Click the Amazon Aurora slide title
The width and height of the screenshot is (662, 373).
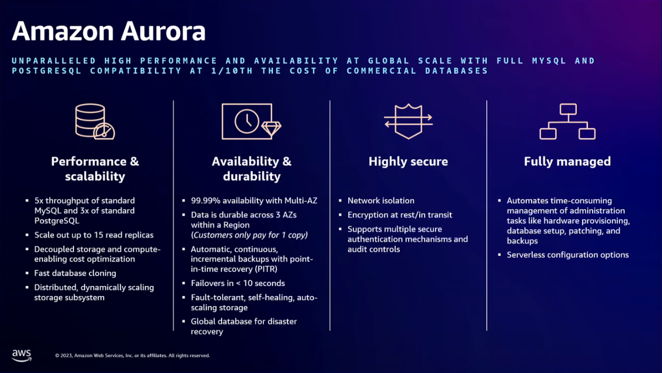pos(109,31)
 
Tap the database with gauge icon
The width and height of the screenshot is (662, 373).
pos(95,122)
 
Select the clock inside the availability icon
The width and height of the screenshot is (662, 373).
pos(247,121)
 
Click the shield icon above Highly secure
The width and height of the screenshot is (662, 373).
pos(408,122)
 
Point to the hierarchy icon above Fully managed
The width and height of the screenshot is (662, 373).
pos(567,122)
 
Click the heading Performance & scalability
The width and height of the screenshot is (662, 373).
pos(95,169)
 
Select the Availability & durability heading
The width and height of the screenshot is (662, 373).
pos(252,169)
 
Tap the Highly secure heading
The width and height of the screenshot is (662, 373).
pos(408,162)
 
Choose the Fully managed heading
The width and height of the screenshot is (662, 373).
pos(567,162)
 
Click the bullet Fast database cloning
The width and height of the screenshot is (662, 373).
pos(75,273)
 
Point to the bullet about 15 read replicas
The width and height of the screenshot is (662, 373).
pos(93,235)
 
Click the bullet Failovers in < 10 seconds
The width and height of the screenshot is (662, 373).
pos(238,284)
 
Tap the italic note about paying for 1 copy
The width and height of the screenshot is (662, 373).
pos(249,235)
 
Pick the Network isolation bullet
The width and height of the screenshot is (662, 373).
pos(381,201)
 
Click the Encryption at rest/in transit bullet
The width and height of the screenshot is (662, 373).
pos(400,215)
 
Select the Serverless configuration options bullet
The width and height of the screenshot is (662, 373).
pos(568,255)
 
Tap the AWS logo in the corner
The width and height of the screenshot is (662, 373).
pos(22,355)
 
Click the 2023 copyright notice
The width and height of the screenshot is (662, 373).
pos(132,356)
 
